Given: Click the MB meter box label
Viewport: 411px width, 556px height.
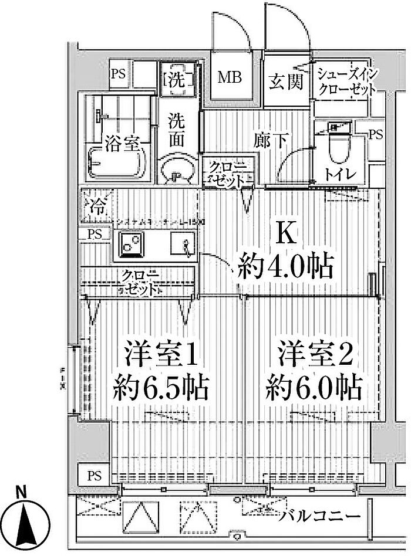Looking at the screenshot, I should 231,78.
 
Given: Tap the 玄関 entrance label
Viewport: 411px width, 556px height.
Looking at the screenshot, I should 286,82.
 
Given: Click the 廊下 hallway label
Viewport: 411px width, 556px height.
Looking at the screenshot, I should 271,140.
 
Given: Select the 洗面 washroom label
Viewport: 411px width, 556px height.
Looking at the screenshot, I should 177,130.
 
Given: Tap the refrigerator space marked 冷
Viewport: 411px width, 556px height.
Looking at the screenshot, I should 96,205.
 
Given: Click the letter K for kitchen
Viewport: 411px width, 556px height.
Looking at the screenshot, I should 285,233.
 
